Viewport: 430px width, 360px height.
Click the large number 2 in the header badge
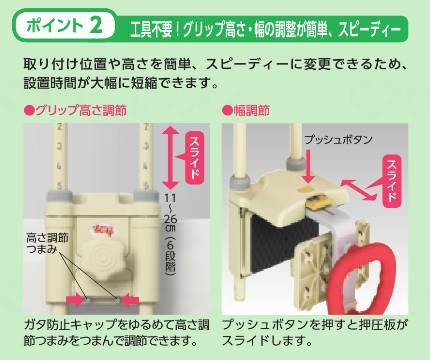(96, 26)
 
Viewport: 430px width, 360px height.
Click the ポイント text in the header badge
(55, 26)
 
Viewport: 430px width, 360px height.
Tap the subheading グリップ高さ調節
(76, 110)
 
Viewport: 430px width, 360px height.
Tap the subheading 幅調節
(246, 110)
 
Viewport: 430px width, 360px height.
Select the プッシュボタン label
(338, 139)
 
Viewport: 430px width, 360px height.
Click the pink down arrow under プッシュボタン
(309, 166)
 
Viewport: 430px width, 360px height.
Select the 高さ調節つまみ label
(47, 243)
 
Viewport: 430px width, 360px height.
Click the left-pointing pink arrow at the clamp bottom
(130, 300)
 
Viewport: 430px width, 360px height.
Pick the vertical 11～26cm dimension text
(170, 234)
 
